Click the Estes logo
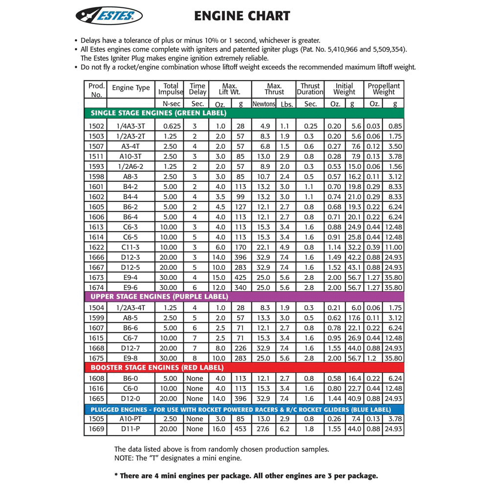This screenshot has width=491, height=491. click(x=109, y=15)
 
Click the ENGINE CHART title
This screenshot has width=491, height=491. click(x=242, y=16)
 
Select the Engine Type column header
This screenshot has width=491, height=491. click(x=131, y=88)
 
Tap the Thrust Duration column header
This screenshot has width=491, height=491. click(x=310, y=89)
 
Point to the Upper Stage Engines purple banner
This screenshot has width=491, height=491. click(x=159, y=297)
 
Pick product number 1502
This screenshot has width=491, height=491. click(x=96, y=126)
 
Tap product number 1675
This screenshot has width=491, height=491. click(x=96, y=358)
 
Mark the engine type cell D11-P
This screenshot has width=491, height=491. click(x=131, y=429)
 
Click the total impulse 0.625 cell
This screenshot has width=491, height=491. click(x=170, y=126)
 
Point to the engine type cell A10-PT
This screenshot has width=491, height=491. click(x=131, y=419)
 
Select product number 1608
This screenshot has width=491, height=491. click(x=96, y=379)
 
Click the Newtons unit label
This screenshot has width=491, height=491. click(x=264, y=104)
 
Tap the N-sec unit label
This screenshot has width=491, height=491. click(x=170, y=104)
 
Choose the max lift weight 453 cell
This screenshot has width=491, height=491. click(x=241, y=429)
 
